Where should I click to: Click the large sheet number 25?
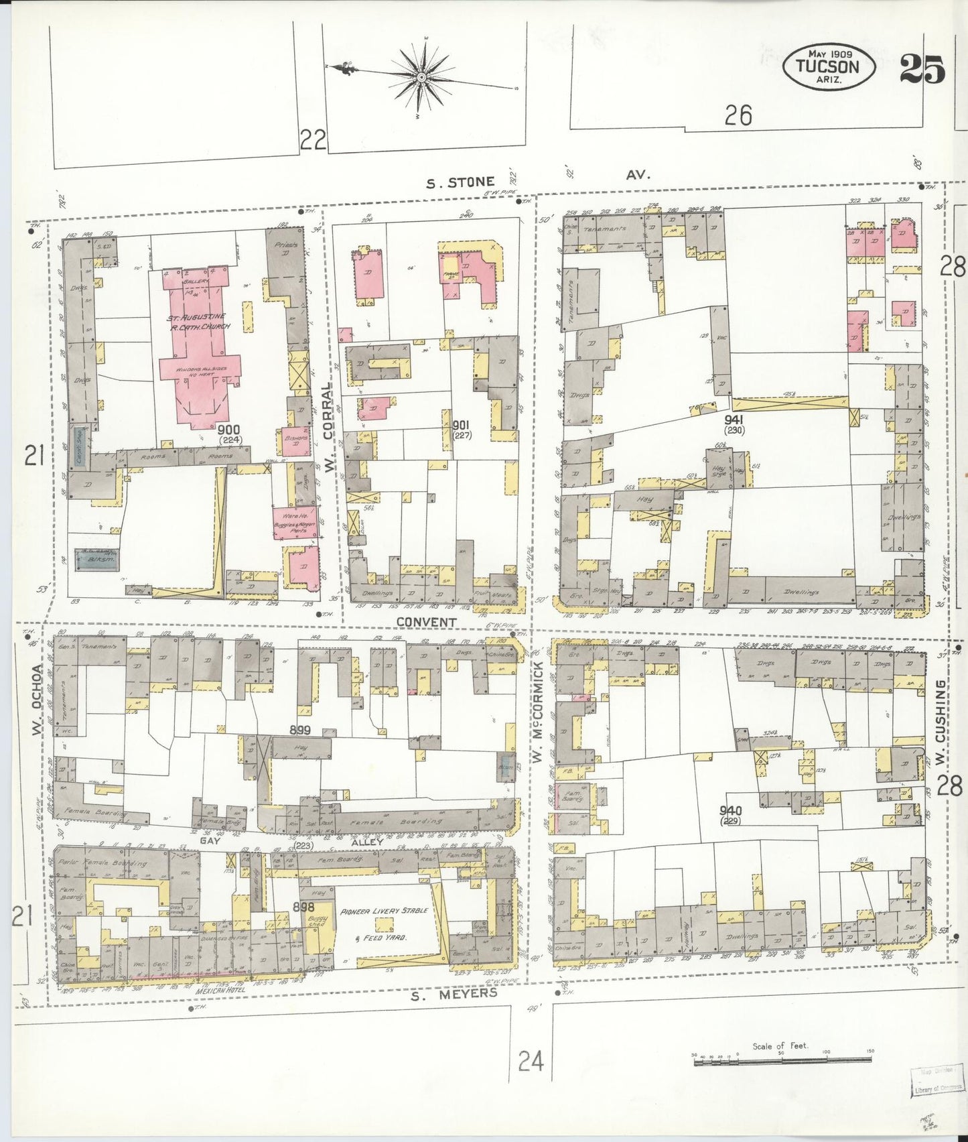pos(922,68)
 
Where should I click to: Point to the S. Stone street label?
pos(462,182)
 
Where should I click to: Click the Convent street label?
pos(426,622)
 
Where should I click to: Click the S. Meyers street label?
pos(454,994)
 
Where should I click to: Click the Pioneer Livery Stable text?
pos(385,911)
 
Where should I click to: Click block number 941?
pos(735,421)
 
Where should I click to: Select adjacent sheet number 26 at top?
pos(738,116)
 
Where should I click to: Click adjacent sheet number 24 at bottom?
pos(531,1061)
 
